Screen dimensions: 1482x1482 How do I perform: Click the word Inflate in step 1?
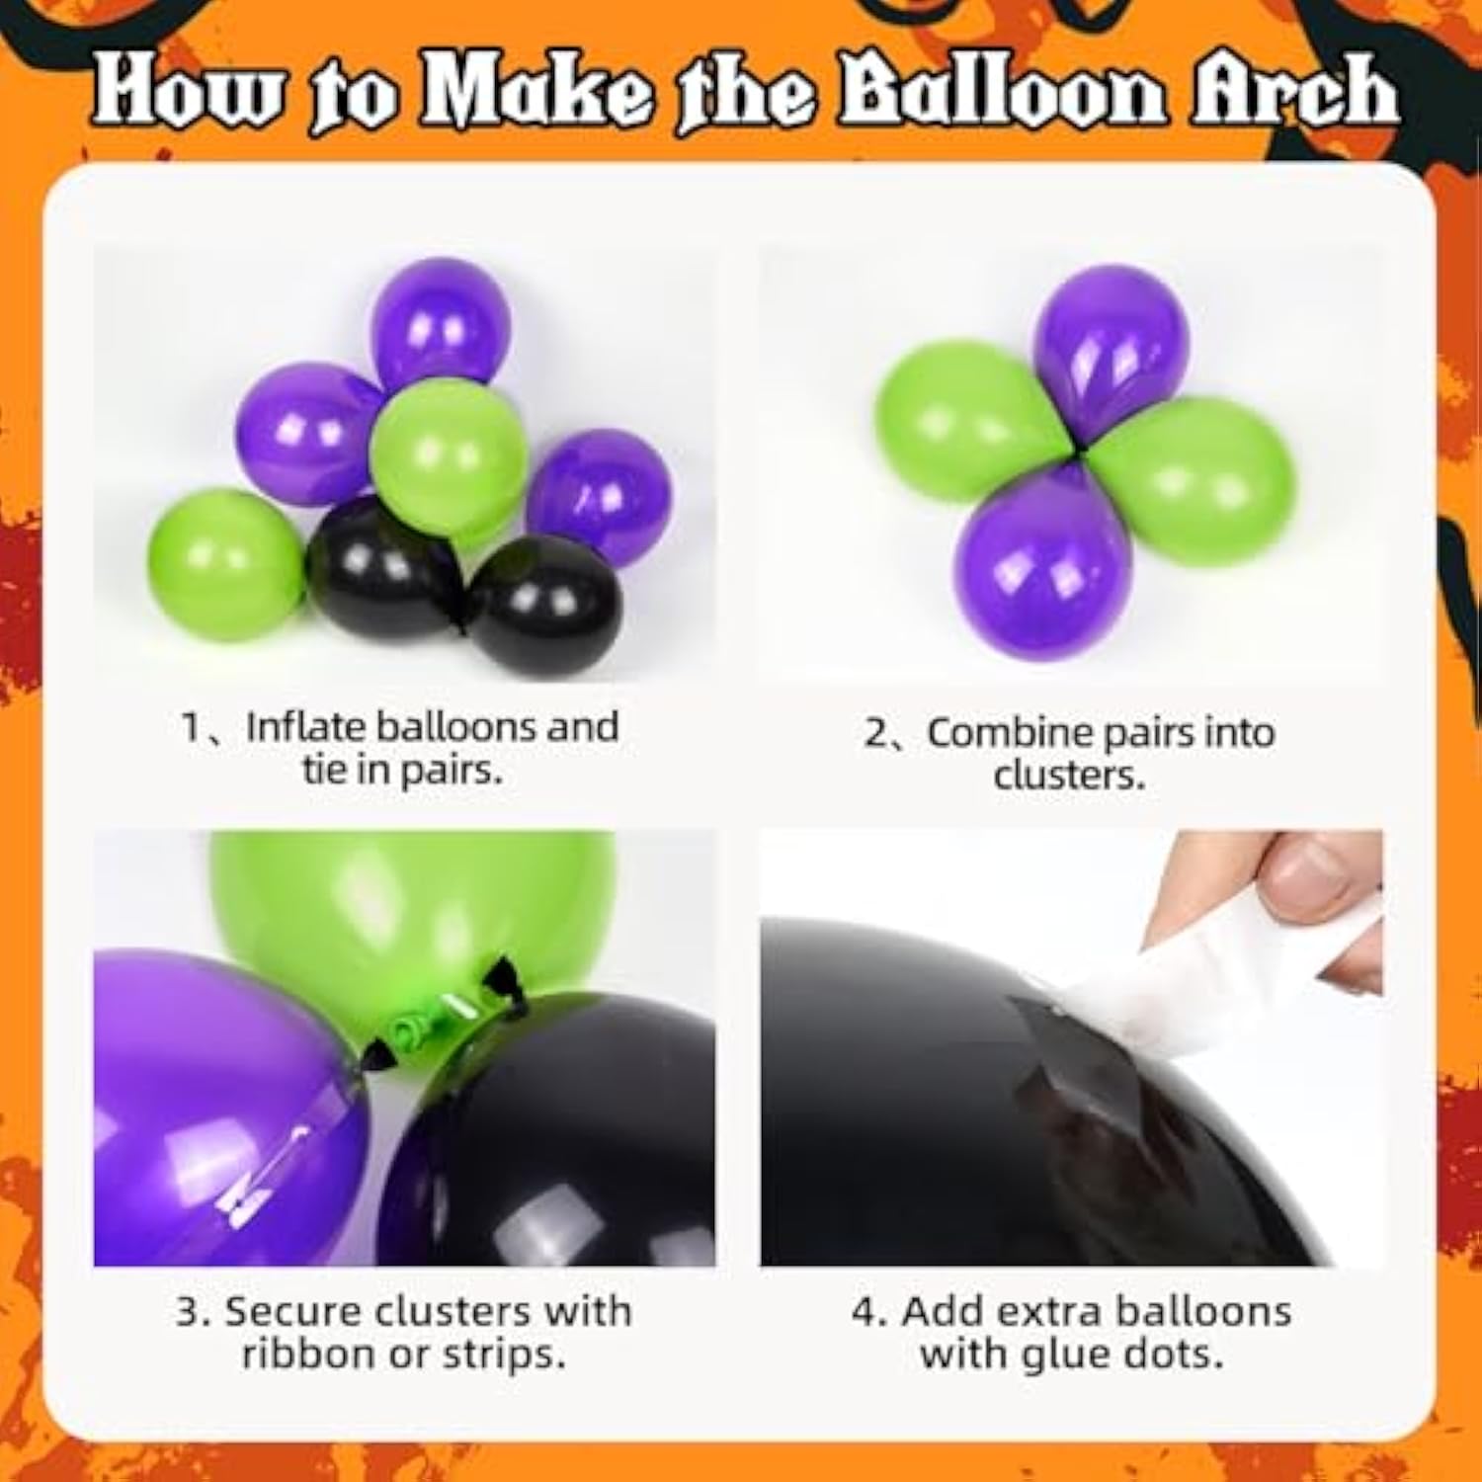click(305, 727)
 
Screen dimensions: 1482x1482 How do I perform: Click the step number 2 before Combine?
click(876, 734)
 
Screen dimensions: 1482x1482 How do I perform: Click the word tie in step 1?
click(323, 770)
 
